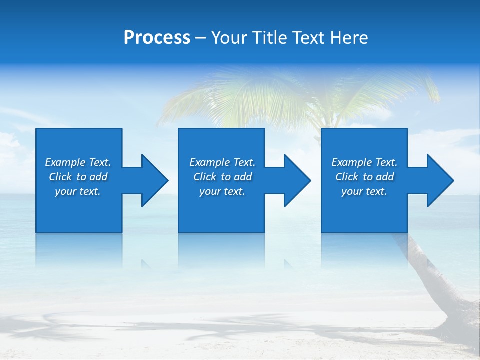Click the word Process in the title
point(157,38)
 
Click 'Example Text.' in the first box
point(78,162)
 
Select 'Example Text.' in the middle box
point(222,162)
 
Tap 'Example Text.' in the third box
point(364,162)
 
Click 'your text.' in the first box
point(78,191)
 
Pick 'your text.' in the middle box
point(222,191)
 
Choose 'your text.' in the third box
point(364,191)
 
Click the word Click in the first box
point(60,177)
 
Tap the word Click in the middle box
point(205,177)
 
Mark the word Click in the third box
point(347,177)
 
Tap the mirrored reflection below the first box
point(79,250)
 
